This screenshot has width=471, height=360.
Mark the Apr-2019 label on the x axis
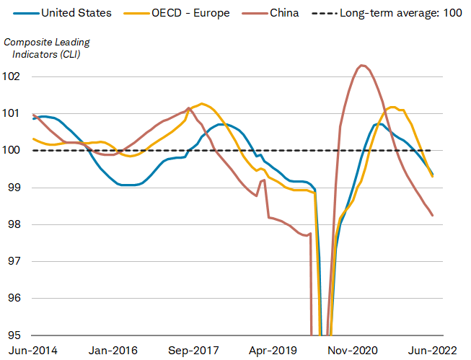(273, 351)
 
